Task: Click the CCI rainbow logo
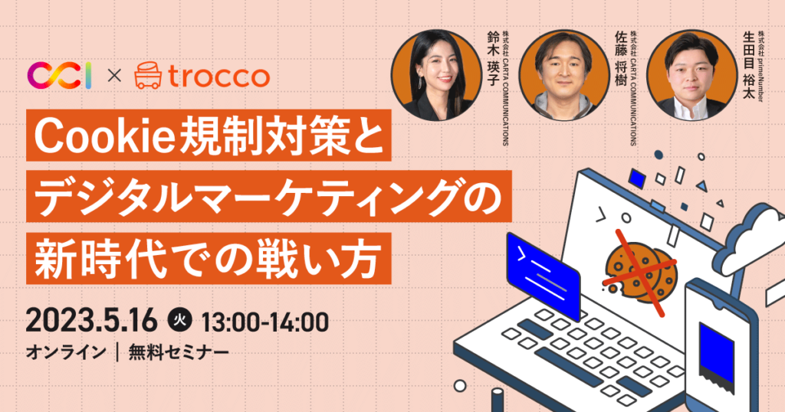coord(60,75)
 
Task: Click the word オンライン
coord(65,353)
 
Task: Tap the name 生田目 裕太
coord(748,61)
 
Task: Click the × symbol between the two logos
coord(113,76)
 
